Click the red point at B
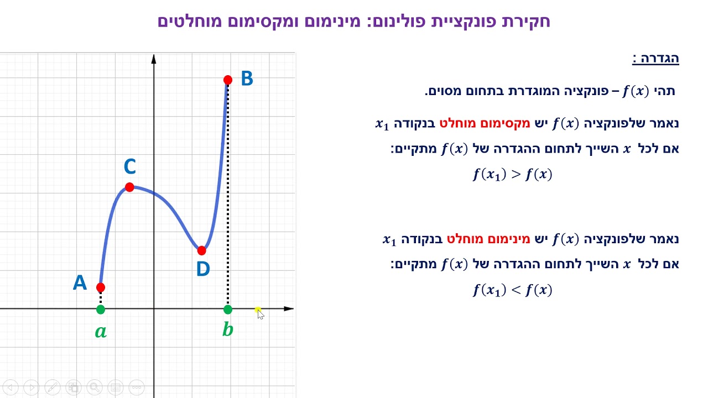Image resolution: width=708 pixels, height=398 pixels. click(x=228, y=80)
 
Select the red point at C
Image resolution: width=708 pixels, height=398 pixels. click(x=129, y=187)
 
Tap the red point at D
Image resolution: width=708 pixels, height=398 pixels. click(x=201, y=250)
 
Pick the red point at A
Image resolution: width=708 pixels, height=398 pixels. click(x=100, y=287)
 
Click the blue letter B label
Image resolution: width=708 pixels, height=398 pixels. click(x=247, y=79)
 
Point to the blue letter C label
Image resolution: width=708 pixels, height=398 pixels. click(x=130, y=166)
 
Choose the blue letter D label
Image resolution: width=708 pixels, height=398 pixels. click(x=203, y=270)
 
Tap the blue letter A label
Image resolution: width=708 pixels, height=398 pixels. click(x=80, y=283)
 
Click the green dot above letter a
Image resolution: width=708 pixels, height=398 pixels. click(x=100, y=310)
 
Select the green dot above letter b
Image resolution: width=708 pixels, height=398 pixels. click(x=228, y=310)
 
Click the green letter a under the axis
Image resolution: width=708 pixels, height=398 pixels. click(x=101, y=332)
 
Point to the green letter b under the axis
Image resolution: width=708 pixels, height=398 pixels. click(x=227, y=330)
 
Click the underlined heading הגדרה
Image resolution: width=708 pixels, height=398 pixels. click(x=655, y=59)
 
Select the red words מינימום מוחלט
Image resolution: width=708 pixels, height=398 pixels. click(x=488, y=239)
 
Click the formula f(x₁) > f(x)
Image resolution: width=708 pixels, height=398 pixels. click(x=513, y=175)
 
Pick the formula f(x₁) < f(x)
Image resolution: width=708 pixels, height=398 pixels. click(x=513, y=290)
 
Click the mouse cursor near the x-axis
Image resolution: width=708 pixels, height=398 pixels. click(x=259, y=313)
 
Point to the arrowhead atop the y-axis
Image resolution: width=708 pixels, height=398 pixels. click(x=154, y=59)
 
